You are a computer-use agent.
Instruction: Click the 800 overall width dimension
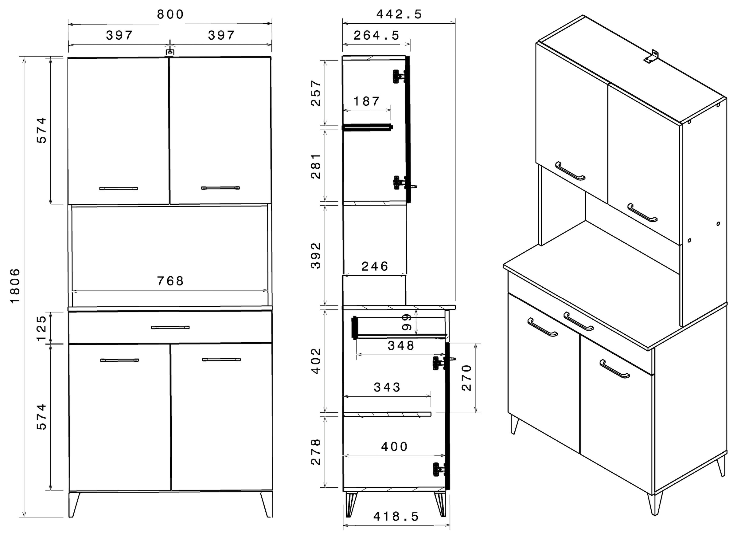coord(170,14)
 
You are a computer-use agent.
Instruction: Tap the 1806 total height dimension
coord(15,286)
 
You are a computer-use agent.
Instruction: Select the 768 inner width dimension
coord(170,281)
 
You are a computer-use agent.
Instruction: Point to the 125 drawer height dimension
coord(42,328)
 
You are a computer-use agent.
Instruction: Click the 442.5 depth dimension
coord(399,14)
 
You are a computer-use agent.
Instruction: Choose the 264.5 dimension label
coord(376,36)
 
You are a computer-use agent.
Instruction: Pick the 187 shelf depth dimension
coord(367,101)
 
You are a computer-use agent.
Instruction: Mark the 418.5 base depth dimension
coord(396,517)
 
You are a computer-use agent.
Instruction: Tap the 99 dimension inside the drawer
coord(407,322)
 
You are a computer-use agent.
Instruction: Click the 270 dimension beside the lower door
coord(467,378)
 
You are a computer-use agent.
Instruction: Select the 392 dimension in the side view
coord(316,255)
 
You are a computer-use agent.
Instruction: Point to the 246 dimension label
coord(375,266)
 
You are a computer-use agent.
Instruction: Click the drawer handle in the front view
coord(170,327)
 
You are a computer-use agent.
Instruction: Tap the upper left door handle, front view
coord(119,188)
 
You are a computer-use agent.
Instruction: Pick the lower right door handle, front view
coord(221,360)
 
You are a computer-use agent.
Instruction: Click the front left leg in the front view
coord(74,504)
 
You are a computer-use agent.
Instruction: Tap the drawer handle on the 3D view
coord(578,321)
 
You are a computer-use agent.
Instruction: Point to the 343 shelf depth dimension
coord(387,387)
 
